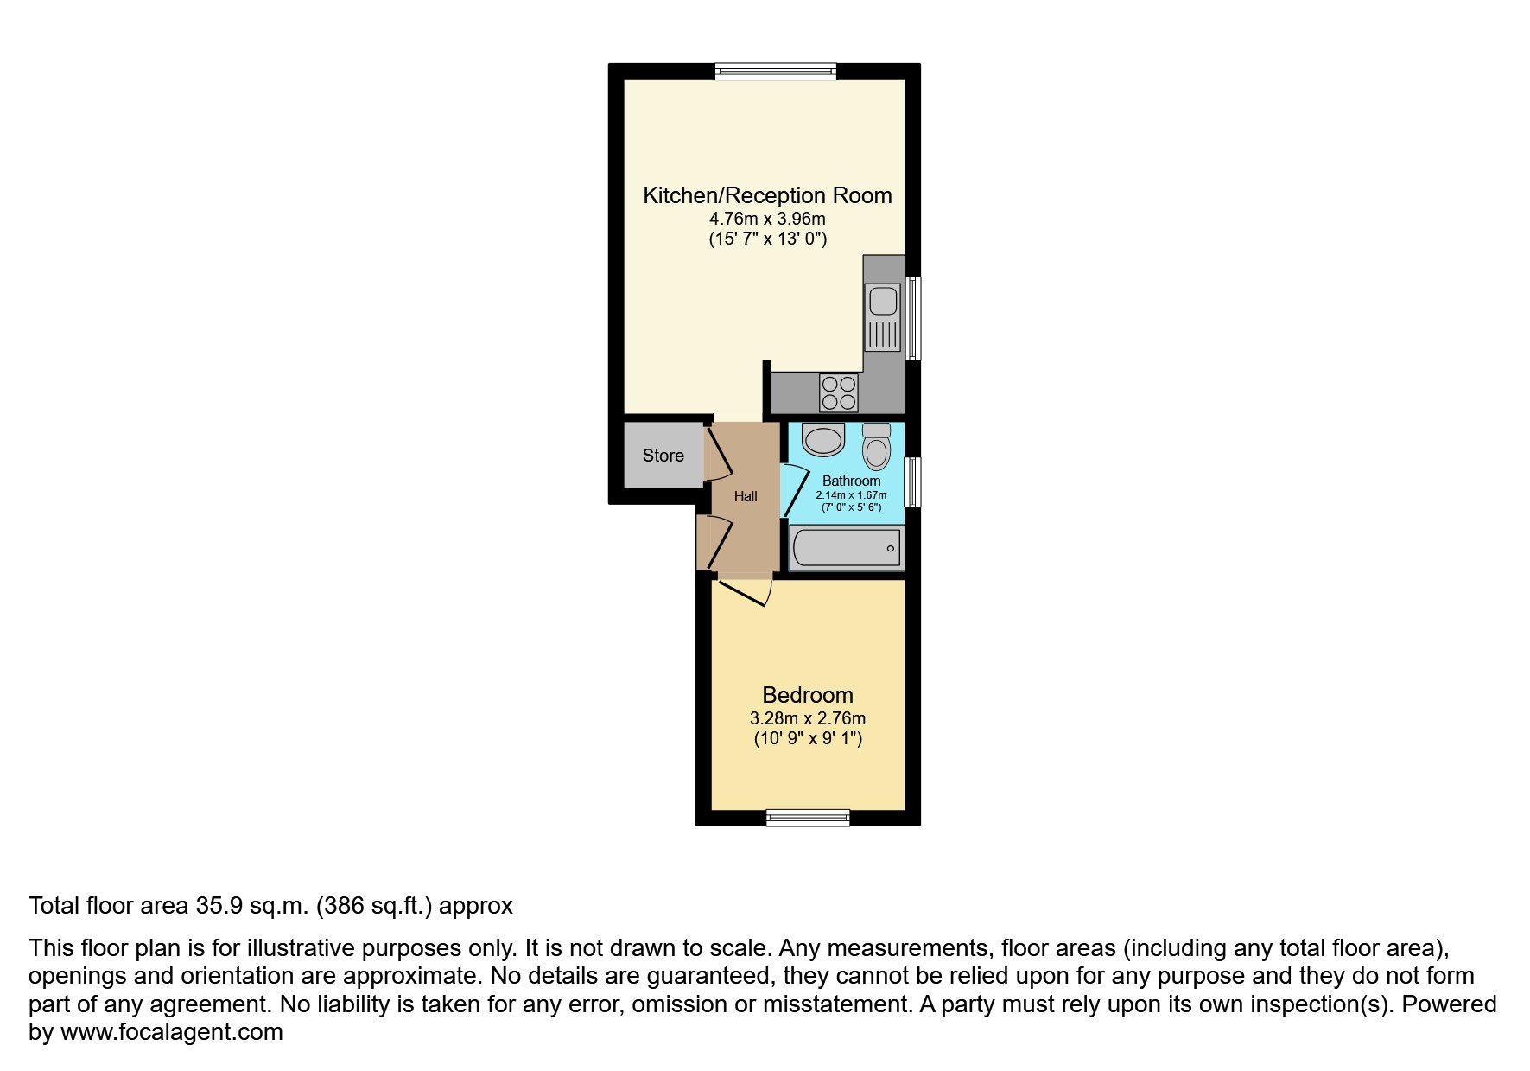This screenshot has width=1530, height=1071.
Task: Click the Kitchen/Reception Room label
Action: point(767,195)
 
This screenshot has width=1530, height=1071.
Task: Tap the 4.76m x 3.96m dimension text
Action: point(767,220)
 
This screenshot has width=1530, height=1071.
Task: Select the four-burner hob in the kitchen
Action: point(838,393)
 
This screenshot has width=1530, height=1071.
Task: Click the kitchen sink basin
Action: point(883,302)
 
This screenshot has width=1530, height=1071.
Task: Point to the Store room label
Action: point(663,456)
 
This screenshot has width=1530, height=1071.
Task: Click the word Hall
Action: point(746,496)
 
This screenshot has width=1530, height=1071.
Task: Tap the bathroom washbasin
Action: point(822,440)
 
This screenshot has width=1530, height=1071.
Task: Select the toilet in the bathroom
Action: point(877,448)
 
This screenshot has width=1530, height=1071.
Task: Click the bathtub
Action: point(847,548)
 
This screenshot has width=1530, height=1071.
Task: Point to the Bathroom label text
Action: point(851,481)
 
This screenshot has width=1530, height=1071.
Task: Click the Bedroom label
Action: point(807,695)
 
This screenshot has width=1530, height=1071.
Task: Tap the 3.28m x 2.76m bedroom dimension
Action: point(807,718)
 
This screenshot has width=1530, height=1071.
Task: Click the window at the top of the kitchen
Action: point(775,72)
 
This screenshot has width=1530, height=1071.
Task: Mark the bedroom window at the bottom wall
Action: point(808,817)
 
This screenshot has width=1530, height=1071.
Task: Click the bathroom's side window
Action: point(912,481)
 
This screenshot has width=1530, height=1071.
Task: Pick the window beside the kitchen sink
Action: point(912,318)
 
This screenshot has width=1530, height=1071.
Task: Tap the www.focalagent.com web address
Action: point(171,1032)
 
